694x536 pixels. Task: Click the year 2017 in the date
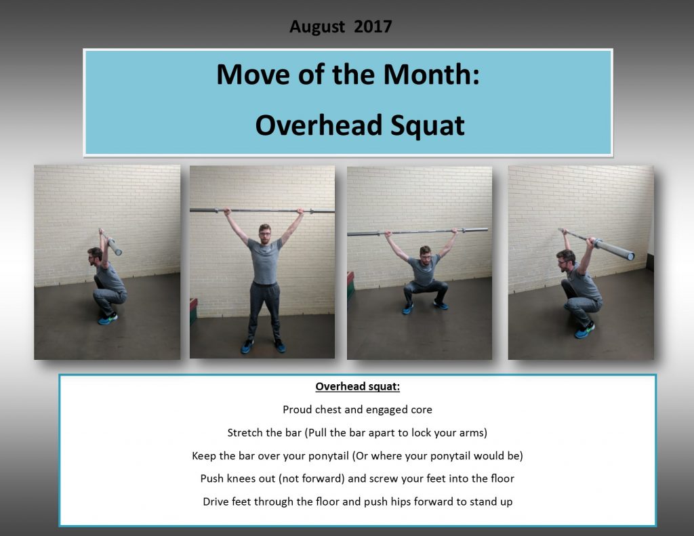point(373,27)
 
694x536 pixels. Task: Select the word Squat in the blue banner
point(425,125)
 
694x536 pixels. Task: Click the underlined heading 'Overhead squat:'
point(357,387)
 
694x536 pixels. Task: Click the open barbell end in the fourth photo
point(630,256)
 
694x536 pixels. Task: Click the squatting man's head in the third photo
point(426,255)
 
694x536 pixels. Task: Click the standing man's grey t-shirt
point(264,261)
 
